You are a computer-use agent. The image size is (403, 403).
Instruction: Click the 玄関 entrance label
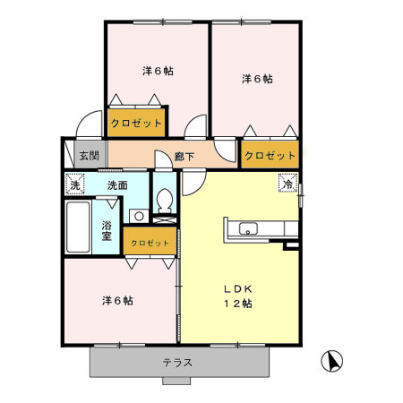tap(88, 156)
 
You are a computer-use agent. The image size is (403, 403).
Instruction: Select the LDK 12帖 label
tap(237, 296)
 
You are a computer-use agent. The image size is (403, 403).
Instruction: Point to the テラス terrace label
tap(178, 363)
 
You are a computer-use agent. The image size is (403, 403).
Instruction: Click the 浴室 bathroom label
tap(107, 230)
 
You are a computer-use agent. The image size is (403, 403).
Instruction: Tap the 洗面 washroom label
tap(117, 184)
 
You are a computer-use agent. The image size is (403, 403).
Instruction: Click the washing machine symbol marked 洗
tap(75, 184)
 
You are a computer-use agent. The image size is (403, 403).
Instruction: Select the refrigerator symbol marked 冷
tap(287, 184)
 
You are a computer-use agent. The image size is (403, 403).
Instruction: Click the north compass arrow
tap(332, 360)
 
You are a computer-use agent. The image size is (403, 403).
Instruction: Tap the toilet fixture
tap(164, 202)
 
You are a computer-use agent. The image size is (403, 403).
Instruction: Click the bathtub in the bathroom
tap(78, 230)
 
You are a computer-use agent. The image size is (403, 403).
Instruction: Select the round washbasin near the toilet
tap(139, 215)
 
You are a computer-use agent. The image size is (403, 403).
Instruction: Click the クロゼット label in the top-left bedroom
tap(136, 122)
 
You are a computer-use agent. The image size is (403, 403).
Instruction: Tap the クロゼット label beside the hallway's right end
tap(270, 156)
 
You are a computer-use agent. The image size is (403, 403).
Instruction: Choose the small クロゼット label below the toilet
tap(149, 243)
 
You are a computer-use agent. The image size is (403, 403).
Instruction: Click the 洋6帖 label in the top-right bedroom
tap(257, 79)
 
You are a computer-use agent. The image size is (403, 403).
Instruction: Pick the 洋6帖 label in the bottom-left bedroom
tap(116, 301)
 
